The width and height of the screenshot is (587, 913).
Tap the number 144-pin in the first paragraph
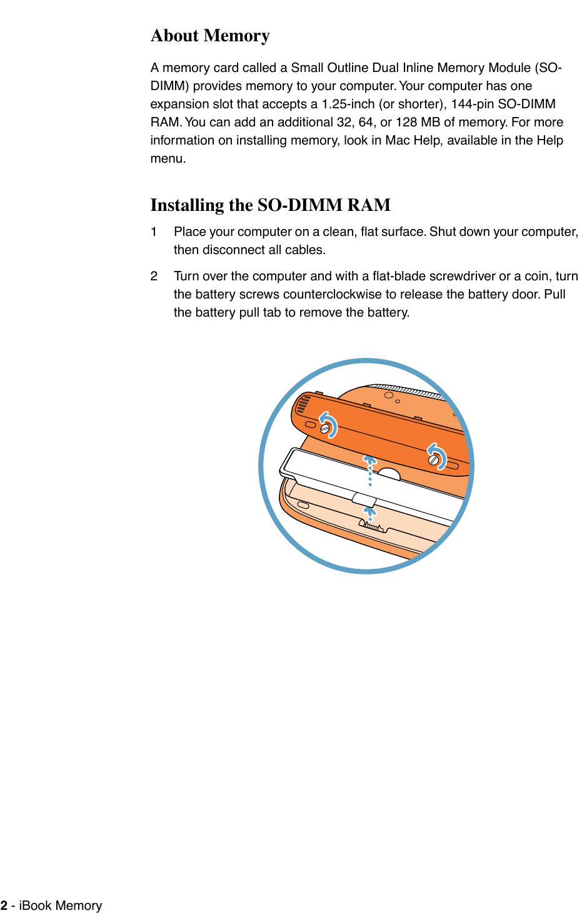[471, 104]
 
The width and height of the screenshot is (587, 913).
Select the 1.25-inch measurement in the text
[348, 104]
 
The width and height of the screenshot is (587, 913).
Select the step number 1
[154, 232]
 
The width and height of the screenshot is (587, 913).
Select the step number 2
[154, 276]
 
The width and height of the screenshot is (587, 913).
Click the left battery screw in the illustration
[325, 429]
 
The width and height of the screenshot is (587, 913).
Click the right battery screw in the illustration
[434, 460]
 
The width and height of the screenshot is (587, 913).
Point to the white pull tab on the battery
[364, 499]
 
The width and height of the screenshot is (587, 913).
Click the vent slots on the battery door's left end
[303, 405]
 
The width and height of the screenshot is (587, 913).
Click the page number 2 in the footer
[4, 905]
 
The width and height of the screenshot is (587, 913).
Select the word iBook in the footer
[36, 905]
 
